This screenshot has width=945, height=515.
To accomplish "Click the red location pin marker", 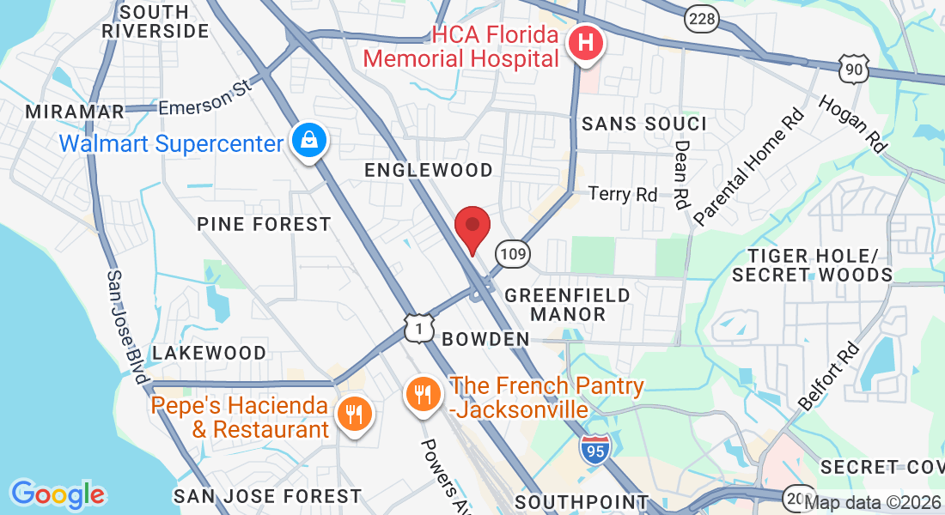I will (x=472, y=228).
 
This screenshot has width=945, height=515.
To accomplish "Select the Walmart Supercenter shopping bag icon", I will (x=308, y=140).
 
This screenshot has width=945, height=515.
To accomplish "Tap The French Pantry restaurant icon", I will (x=422, y=395).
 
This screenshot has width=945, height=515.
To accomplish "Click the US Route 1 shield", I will (x=418, y=327).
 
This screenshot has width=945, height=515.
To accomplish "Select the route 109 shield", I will (x=513, y=253).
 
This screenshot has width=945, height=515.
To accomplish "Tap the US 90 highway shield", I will (x=855, y=69).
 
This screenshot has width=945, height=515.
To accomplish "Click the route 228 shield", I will (x=701, y=19).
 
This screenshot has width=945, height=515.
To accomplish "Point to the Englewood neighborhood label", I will (x=429, y=170).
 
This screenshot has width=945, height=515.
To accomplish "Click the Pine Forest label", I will (x=264, y=224).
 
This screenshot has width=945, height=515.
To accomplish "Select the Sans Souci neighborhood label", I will (x=644, y=124).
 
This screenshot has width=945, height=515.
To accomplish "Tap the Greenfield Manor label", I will (x=567, y=304).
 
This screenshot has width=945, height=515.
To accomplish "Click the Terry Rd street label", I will (x=623, y=195).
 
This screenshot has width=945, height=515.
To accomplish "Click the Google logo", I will (x=58, y=494).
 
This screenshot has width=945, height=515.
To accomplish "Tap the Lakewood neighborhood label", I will (x=209, y=353).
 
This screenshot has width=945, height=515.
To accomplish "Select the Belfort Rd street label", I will (x=830, y=377).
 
